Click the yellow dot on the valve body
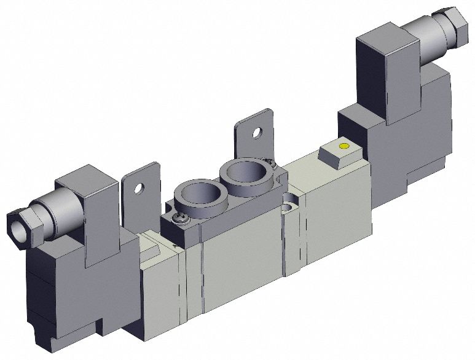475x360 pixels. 343,146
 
